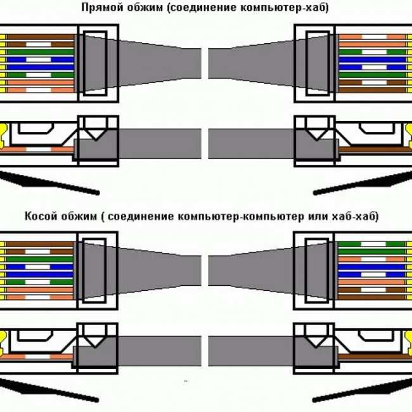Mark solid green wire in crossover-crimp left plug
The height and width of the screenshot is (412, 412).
(39, 259)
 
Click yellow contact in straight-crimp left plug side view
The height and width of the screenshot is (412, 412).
(4, 137)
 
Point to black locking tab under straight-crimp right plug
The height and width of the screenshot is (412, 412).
(363, 183)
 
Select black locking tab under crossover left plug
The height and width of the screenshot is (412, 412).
(49, 390)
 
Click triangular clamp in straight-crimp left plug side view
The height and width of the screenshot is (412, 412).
(96, 134)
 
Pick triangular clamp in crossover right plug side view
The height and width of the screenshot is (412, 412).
(316, 341)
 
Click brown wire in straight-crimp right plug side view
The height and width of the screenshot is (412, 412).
(373, 150)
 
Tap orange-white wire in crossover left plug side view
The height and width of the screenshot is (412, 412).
(37, 357)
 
